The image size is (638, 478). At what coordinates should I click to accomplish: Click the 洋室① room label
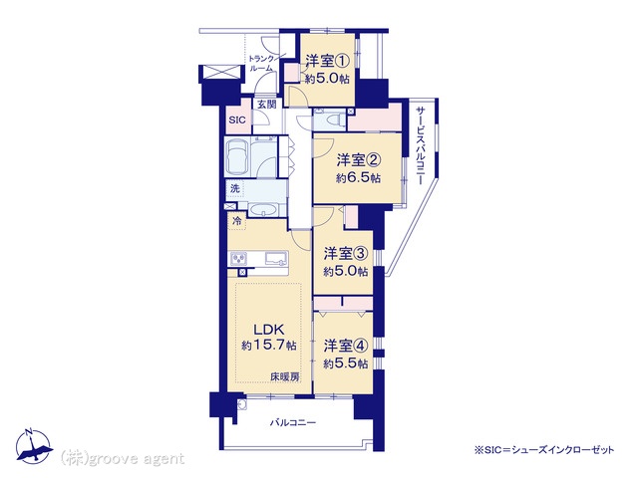[x=328, y=62]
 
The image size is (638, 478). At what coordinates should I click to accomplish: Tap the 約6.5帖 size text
[x=358, y=178]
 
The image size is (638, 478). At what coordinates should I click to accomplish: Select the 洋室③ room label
[x=346, y=254]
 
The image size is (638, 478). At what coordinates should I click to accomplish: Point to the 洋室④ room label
[x=346, y=346]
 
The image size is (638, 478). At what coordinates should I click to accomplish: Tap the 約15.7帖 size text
[x=268, y=346]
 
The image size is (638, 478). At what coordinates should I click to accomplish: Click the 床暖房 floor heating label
[x=285, y=377]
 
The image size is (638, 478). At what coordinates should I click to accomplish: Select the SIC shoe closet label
[x=237, y=120]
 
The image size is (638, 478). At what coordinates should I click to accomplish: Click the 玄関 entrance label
[x=266, y=105]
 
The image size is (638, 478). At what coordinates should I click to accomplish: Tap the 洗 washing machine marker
[x=235, y=188]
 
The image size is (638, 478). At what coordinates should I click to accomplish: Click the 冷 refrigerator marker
[x=237, y=221]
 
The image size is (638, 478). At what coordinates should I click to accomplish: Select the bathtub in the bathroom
[x=237, y=157]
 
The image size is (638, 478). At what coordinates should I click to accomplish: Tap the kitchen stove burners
[x=239, y=259]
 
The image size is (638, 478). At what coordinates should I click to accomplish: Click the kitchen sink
[x=276, y=259]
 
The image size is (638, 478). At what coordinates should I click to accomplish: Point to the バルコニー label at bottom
[x=293, y=423]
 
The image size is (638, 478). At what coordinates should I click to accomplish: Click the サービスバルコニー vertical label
[x=421, y=146]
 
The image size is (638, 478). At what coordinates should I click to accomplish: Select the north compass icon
[x=34, y=447]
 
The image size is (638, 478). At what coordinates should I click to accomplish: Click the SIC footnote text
[x=544, y=450]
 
